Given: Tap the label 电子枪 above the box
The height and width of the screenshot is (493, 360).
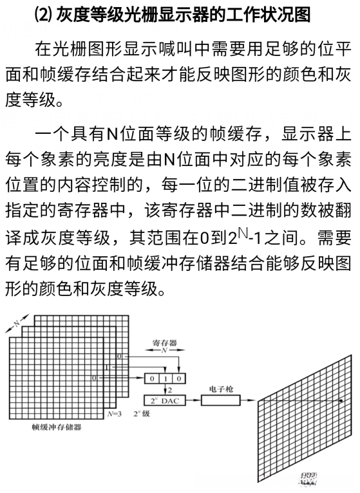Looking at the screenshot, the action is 221,389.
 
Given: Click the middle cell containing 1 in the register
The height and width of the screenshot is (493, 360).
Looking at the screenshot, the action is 165,378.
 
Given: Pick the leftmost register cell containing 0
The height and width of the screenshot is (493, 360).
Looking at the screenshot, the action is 152,378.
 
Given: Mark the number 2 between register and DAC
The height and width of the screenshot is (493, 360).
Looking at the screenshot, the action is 169,389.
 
